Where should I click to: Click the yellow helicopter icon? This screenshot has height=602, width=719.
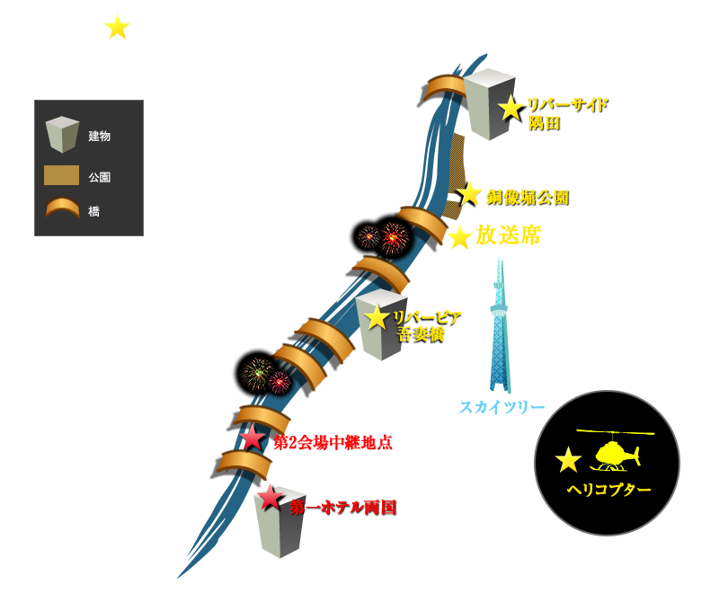pyautogui.click(x=615, y=451)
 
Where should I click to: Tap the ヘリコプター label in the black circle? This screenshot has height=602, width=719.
pyautogui.click(x=609, y=490)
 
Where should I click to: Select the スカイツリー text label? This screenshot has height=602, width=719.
pyautogui.click(x=502, y=407)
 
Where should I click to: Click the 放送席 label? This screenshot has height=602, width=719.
pyautogui.click(x=508, y=235)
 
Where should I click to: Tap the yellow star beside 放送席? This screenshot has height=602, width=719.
pyautogui.click(x=459, y=237)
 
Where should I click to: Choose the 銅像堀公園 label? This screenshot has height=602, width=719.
pyautogui.click(x=528, y=198)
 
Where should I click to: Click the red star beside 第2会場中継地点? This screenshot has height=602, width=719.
pyautogui.click(x=253, y=438)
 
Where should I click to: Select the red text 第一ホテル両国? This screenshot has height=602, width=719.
pyautogui.click(x=343, y=508)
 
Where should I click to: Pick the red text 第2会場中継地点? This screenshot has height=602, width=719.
pyautogui.click(x=333, y=443)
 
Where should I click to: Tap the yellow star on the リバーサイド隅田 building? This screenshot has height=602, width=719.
pyautogui.click(x=510, y=109)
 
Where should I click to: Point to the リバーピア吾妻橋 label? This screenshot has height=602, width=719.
pyautogui.click(x=426, y=326)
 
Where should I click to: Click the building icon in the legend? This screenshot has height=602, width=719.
pyautogui.click(x=62, y=134)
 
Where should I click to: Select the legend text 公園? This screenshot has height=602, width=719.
pyautogui.click(x=100, y=177)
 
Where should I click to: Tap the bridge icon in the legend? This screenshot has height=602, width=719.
pyautogui.click(x=62, y=208)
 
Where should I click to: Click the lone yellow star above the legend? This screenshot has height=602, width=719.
pyautogui.click(x=118, y=27)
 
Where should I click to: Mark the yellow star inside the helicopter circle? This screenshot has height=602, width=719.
pyautogui.click(x=568, y=459)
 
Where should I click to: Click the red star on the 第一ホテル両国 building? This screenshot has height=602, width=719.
pyautogui.click(x=270, y=498)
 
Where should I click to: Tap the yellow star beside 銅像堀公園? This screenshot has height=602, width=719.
pyautogui.click(x=468, y=193)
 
